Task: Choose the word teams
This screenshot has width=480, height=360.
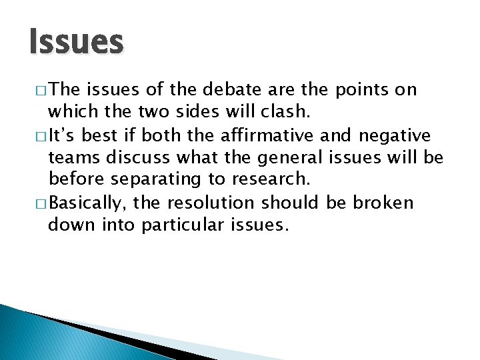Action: [72, 158]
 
